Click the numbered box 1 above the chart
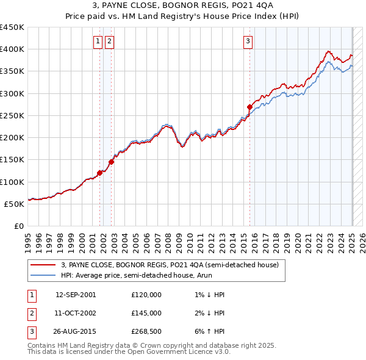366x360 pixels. pos(98,41)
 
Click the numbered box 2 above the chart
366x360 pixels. pos(109,41)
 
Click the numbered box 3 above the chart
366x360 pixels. pos(248,41)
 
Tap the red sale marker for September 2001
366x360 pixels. pos(99,173)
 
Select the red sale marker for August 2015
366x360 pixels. pos(249,107)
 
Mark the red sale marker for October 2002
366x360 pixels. pos(111,162)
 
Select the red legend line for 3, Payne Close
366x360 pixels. pos(43,265)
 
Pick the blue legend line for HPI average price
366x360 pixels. pos(43,275)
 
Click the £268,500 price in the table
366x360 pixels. pos(146,332)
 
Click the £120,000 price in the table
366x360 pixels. pos(146,295)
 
